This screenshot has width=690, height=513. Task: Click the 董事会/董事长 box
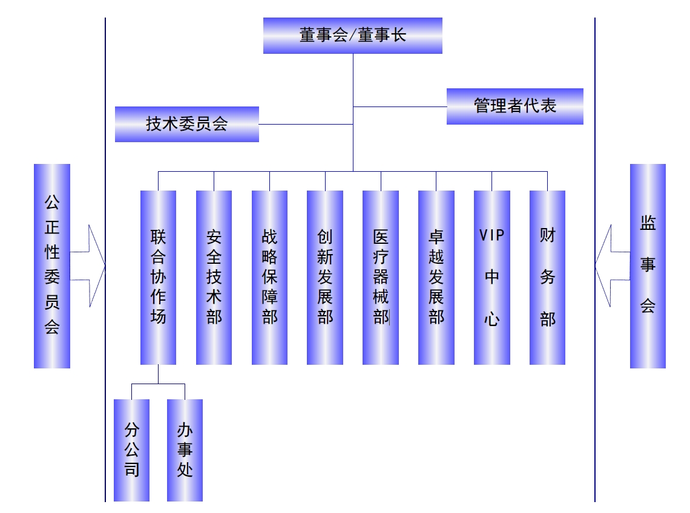click(x=352, y=36)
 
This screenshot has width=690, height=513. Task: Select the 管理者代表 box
click(x=514, y=106)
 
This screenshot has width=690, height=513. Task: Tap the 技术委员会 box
click(x=186, y=125)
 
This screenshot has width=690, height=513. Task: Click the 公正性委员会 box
click(x=52, y=266)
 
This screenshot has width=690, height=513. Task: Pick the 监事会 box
click(x=648, y=266)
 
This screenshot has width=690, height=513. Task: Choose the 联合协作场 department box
click(x=158, y=277)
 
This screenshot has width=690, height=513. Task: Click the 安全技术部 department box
click(x=214, y=277)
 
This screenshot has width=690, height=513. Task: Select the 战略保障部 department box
click(x=269, y=277)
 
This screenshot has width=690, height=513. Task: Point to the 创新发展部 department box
click(x=325, y=277)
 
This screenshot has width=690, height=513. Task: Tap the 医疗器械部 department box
click(x=381, y=277)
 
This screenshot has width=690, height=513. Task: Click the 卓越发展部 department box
click(x=436, y=277)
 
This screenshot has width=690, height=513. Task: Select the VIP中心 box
click(x=491, y=277)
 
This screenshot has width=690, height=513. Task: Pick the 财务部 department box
click(x=547, y=277)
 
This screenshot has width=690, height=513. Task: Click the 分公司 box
click(x=131, y=450)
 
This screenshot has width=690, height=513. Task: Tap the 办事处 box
click(x=185, y=450)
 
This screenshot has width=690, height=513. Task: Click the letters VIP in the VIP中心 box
click(x=491, y=235)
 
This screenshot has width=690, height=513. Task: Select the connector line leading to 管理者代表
click(x=399, y=107)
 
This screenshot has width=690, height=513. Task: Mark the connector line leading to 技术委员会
click(x=306, y=125)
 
